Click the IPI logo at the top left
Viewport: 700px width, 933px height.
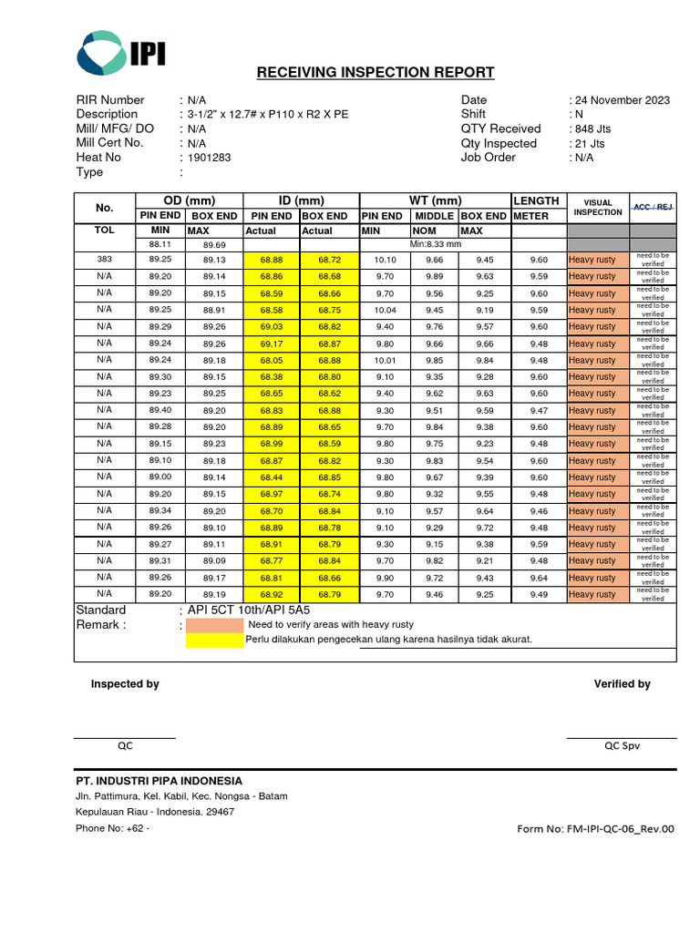pos(121,53)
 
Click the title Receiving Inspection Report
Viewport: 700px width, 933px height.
pos(375,73)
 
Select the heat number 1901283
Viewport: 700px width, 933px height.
pos(210,158)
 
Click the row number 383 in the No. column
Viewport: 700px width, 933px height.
pos(104,260)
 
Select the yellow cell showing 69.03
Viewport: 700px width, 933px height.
pos(272,326)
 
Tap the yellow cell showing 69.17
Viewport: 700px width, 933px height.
pos(272,343)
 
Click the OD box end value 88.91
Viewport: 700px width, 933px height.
pos(214,310)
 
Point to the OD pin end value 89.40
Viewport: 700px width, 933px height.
pos(160,410)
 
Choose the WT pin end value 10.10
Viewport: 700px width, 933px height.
pos(385,260)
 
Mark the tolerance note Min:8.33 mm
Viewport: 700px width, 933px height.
pos(436,244)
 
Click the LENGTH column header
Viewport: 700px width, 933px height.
pos(536,201)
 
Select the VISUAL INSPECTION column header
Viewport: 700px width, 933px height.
pos(598,208)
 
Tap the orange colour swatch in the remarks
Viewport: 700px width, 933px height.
pos(215,625)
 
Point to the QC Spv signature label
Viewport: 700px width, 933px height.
pos(622,745)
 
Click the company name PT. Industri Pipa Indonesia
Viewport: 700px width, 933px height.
pos(159,781)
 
